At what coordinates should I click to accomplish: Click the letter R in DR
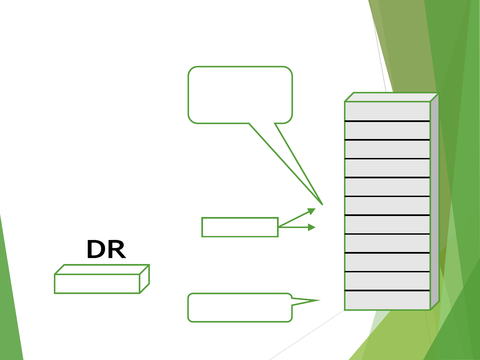(116, 250)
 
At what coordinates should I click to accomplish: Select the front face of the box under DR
(97, 284)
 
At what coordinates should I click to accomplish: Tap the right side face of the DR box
(144, 279)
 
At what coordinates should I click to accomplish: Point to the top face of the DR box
(102, 269)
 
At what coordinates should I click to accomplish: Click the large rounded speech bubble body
(240, 95)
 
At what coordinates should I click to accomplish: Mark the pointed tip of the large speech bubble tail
(322, 204)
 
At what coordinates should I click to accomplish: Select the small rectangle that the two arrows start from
(240, 227)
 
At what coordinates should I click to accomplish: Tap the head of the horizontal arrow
(312, 227)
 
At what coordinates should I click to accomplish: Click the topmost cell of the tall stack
(387, 111)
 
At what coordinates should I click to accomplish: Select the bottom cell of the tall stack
(387, 300)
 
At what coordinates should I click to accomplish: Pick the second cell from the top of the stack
(387, 130)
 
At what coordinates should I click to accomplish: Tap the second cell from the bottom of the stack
(387, 281)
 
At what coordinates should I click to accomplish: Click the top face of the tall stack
(392, 97)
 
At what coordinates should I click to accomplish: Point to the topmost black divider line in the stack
(387, 121)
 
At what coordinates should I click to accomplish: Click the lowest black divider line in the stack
(387, 291)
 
